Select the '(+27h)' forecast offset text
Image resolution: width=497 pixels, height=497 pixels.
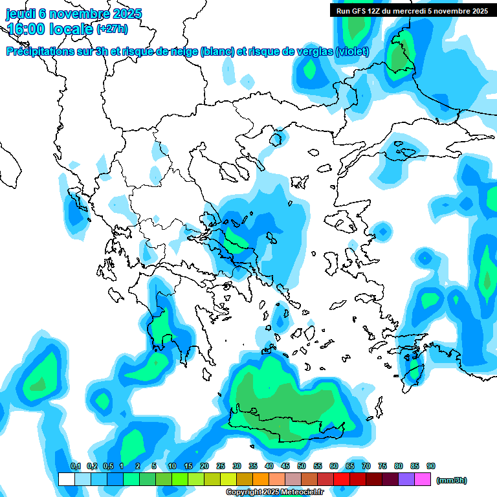coord(112,29)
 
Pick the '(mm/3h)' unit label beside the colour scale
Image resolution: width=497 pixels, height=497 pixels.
coord(452,480)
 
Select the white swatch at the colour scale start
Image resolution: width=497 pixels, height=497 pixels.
coord(66,480)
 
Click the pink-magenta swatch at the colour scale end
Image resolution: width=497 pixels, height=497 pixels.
coord(423,480)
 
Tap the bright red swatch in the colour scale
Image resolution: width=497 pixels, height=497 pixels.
coord(342,480)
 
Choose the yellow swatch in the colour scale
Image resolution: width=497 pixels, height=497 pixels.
coord(228,480)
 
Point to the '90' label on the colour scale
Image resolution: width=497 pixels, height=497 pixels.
coord(431,467)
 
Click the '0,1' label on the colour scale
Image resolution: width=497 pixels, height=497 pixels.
coord(75,467)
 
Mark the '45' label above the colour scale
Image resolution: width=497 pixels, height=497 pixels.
coord(285,467)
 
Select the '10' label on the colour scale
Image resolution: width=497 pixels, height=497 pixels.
coord(172,467)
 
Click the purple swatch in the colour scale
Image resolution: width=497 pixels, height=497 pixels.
coord(406,480)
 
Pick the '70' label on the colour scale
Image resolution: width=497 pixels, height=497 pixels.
coord(366,467)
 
